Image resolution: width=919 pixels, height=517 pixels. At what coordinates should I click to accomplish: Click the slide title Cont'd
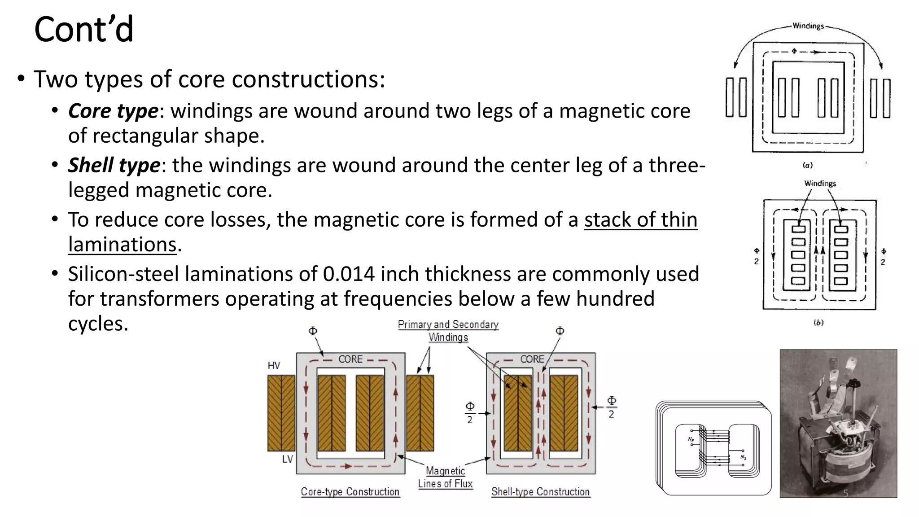tap(84, 30)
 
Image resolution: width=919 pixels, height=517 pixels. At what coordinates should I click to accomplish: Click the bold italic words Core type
tap(113, 111)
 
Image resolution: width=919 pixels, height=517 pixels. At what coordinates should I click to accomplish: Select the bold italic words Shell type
tap(114, 166)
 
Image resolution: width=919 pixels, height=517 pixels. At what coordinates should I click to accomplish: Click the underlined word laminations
tap(123, 245)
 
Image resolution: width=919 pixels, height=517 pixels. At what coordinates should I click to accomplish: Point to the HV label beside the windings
tap(274, 365)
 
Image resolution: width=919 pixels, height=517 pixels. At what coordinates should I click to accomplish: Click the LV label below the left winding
tap(288, 459)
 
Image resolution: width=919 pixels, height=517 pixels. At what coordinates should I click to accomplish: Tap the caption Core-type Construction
tap(350, 492)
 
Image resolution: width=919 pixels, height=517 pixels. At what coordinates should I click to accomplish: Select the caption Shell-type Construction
tap(540, 492)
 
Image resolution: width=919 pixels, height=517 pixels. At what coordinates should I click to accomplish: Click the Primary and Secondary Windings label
tap(448, 330)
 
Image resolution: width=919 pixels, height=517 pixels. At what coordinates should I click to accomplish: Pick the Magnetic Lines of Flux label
tap(446, 477)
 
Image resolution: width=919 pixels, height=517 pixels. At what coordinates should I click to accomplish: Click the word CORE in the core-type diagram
tap(350, 359)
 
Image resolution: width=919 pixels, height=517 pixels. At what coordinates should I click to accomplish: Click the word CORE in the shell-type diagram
tap(532, 359)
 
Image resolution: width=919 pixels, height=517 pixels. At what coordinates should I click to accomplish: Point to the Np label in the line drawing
tap(691, 439)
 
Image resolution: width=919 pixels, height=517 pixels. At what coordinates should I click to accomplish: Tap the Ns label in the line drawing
tap(744, 457)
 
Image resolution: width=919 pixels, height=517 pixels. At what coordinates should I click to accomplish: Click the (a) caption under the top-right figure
tap(808, 165)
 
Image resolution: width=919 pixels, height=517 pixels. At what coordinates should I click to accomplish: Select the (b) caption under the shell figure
tap(818, 323)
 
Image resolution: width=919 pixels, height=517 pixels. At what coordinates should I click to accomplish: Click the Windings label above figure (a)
tap(808, 26)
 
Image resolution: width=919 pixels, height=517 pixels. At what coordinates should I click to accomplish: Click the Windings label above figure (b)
tap(820, 183)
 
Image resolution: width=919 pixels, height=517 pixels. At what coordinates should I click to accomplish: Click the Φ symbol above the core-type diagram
tap(313, 331)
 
